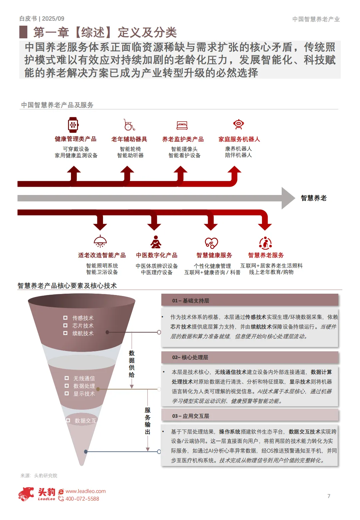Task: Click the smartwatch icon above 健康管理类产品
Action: (73, 125)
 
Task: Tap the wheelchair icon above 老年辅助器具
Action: (129, 125)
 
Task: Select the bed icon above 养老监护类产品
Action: (182, 125)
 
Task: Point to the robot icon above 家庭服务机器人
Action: (239, 124)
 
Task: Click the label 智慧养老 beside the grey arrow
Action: (314, 198)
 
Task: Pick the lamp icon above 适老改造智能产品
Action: (100, 241)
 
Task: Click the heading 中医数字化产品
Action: (157, 255)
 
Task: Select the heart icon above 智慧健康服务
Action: (211, 243)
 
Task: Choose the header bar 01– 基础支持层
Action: (250, 300)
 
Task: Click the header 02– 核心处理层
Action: (250, 357)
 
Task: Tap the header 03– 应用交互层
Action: (250, 416)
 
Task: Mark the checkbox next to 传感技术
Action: (66, 318)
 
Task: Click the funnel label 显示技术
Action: (84, 394)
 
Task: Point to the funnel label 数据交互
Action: (85, 421)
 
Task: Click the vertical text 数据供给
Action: (132, 364)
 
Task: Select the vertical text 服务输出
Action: (148, 421)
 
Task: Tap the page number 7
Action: (329, 496)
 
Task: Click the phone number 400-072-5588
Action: (82, 499)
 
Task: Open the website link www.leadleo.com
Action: (86, 491)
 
